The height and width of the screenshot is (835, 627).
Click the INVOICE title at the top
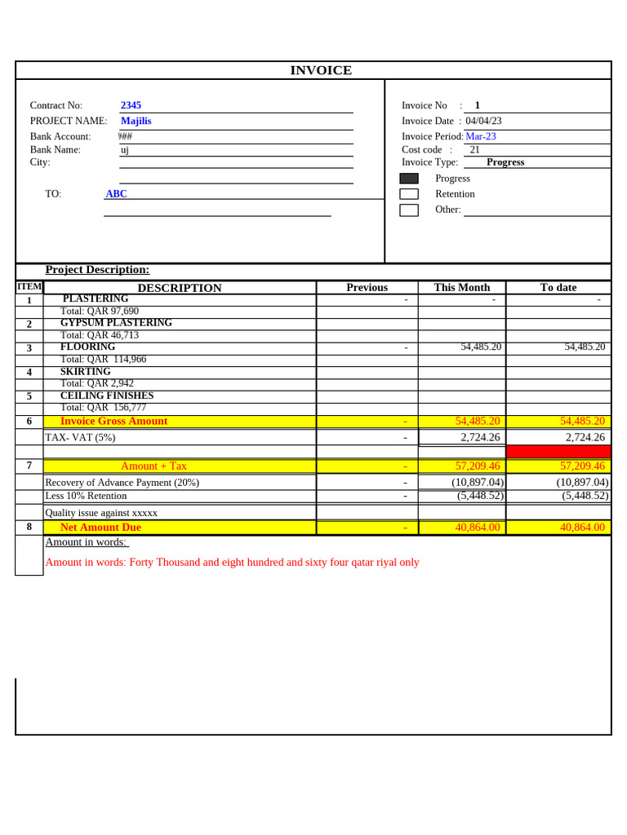point(321,70)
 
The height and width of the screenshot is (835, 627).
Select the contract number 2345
point(131,105)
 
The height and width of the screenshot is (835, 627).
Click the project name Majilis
point(136,121)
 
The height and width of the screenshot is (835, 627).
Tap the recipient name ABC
point(116,194)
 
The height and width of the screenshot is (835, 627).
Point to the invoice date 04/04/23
point(483,121)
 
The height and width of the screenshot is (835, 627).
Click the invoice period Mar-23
point(481,136)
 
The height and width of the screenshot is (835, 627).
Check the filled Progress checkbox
point(409,179)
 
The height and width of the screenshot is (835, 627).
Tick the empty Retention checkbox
point(409,194)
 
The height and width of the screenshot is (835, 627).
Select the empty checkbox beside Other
point(409,210)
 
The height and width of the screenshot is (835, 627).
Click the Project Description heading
point(97,270)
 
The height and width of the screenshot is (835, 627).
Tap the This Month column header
point(462,287)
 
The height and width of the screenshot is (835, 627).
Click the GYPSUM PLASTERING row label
point(116,323)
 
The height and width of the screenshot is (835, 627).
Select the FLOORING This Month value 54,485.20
point(481,347)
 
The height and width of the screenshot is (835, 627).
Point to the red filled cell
point(558,452)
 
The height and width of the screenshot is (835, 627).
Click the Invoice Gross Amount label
point(113,421)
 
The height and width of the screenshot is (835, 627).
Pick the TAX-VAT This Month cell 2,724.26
point(480,437)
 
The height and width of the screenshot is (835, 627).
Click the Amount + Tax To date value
point(582,466)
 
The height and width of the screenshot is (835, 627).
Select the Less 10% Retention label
point(86,496)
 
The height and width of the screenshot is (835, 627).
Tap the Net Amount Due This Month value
point(478,528)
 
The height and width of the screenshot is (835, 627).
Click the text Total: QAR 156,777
point(103,408)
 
